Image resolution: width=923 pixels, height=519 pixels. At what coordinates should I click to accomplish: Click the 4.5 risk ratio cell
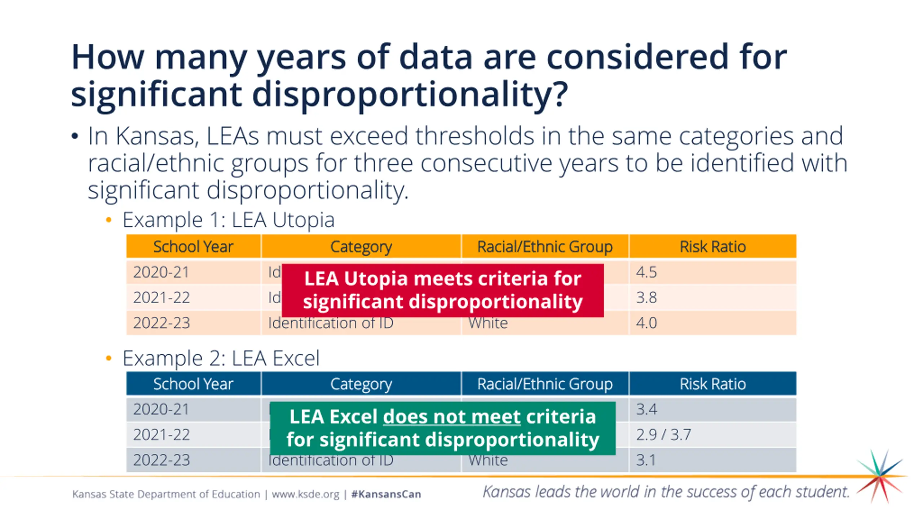(646, 272)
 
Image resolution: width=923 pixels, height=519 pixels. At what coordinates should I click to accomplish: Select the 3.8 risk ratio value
(646, 298)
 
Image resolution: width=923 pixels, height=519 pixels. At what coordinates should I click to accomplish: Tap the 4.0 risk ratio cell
(646, 323)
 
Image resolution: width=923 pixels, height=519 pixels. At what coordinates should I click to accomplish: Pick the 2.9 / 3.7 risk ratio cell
(663, 435)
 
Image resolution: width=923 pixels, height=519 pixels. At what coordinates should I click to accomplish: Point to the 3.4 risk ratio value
(646, 409)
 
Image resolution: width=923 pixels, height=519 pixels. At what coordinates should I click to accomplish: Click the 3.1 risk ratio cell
(645, 460)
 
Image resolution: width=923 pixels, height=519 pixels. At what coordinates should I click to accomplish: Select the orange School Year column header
(193, 247)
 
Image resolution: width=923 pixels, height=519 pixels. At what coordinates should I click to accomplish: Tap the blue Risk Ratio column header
(712, 384)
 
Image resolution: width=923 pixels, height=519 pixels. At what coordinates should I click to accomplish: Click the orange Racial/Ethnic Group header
(545, 247)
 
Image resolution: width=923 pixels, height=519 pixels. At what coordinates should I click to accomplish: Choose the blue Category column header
(361, 384)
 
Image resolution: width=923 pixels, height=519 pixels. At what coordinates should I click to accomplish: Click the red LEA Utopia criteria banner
(442, 290)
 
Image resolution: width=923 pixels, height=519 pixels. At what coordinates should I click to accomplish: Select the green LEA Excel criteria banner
(442, 428)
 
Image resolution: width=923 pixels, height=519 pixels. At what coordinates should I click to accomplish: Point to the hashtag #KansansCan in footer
(386, 494)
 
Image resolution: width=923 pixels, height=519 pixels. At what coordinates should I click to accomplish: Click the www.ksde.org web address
(305, 494)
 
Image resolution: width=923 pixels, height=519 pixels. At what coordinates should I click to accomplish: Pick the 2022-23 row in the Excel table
(162, 460)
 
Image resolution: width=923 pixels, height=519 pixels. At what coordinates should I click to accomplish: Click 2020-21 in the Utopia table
(161, 272)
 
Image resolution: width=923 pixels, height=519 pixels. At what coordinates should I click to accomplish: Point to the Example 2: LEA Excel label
(221, 358)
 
